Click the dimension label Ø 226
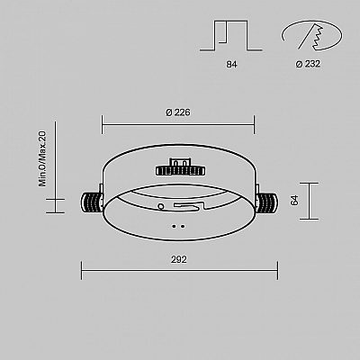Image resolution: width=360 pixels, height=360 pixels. [178, 112]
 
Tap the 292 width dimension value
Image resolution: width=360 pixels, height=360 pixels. [179, 259]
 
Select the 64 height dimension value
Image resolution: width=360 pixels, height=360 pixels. [295, 200]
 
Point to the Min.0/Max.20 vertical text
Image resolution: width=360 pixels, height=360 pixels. [42, 158]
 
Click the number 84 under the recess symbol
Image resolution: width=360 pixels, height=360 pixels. [231, 64]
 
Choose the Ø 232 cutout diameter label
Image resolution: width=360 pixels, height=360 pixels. [308, 64]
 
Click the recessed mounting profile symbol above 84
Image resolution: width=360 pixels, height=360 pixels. [231, 35]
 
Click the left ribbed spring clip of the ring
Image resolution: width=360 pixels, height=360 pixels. [92, 203]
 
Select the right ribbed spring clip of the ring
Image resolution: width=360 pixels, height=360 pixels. [267, 203]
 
